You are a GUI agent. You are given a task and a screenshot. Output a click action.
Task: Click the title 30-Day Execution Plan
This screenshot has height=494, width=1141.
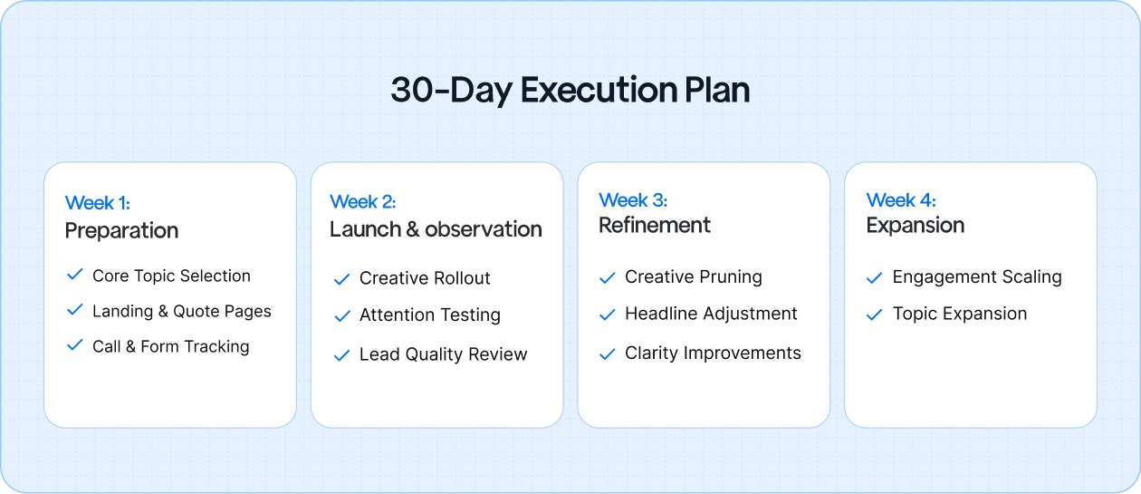click(x=570, y=91)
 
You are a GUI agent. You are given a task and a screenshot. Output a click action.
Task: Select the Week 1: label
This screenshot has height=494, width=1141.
click(x=97, y=203)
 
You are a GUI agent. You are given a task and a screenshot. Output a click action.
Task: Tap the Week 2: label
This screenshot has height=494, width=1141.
click(x=362, y=201)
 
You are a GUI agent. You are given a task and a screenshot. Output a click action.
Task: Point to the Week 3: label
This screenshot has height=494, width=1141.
click(x=632, y=199)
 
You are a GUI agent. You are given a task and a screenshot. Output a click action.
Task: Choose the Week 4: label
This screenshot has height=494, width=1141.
click(x=900, y=199)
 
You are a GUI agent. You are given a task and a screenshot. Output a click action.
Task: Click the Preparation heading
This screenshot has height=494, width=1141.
click(x=121, y=230)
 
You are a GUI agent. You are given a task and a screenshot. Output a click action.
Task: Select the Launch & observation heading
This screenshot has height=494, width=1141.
click(x=436, y=229)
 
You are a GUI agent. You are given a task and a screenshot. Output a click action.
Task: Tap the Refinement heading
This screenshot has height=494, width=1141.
click(x=655, y=225)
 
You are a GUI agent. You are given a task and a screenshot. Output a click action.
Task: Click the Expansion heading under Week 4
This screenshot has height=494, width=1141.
click(x=915, y=225)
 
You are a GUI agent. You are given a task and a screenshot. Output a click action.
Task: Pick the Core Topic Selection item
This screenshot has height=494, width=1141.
click(x=171, y=276)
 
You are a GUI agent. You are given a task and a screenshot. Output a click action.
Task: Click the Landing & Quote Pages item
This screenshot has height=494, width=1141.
click(x=181, y=311)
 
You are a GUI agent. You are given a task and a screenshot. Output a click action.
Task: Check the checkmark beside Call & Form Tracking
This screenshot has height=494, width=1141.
click(x=75, y=345)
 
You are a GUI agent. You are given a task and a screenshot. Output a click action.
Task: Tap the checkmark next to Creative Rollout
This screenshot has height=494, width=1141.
click(x=341, y=279)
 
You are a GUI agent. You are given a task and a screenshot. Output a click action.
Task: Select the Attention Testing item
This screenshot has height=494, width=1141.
click(x=429, y=315)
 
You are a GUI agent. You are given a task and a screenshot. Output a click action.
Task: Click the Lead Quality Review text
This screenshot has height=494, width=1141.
click(x=443, y=354)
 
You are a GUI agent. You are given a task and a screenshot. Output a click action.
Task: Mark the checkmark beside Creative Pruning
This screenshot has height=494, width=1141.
click(x=608, y=277)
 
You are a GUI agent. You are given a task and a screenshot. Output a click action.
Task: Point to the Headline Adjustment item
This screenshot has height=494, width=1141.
click(x=711, y=314)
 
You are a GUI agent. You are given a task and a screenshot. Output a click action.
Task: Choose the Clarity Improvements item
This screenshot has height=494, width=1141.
click(x=713, y=353)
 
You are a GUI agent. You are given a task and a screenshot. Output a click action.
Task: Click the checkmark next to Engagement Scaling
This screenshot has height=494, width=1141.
click(x=874, y=277)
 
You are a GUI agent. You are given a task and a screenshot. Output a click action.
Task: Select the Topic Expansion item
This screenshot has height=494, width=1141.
click(x=959, y=314)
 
